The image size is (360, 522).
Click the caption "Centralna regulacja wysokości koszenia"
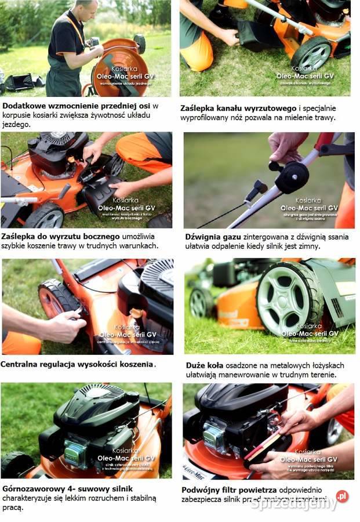78,364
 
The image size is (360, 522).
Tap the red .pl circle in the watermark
342,496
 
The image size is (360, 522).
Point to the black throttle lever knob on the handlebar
292,177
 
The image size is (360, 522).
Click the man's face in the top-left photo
87,8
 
